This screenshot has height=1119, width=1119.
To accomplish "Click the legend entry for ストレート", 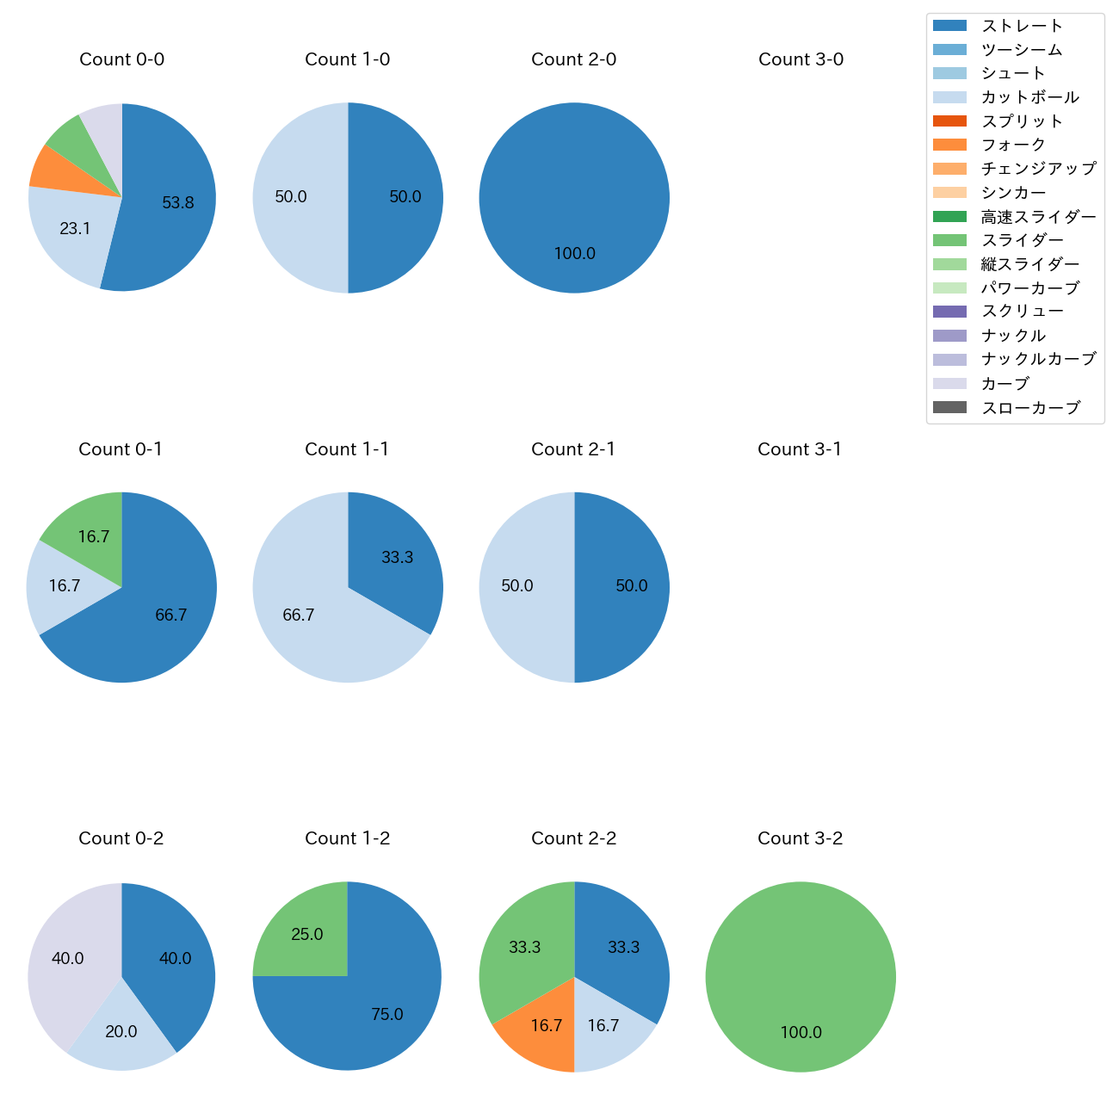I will pyautogui.click(x=1022, y=26).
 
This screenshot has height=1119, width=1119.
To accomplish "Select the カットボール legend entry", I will pyautogui.click(x=1029, y=97).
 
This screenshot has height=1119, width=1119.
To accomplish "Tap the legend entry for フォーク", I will pyautogui.click(x=1013, y=145).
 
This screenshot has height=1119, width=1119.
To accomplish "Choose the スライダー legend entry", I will pyautogui.click(x=1022, y=240).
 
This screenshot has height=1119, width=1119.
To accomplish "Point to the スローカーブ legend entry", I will pyautogui.click(x=1030, y=407).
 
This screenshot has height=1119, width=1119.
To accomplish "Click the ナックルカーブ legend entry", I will pyautogui.click(x=1038, y=359).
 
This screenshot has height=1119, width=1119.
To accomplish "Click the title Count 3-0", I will pyautogui.click(x=801, y=59).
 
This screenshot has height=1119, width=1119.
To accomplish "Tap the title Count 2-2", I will pyautogui.click(x=574, y=838).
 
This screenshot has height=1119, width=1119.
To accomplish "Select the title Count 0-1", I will pyautogui.click(x=121, y=449).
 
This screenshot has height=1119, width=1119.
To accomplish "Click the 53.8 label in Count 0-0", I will pyautogui.click(x=178, y=203).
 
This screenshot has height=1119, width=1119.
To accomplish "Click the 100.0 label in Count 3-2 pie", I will pyautogui.click(x=801, y=1033).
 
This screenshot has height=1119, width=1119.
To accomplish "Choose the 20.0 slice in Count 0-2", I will pyautogui.click(x=121, y=1037).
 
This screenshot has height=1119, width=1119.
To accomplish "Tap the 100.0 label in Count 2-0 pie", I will pyautogui.click(x=574, y=254).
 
